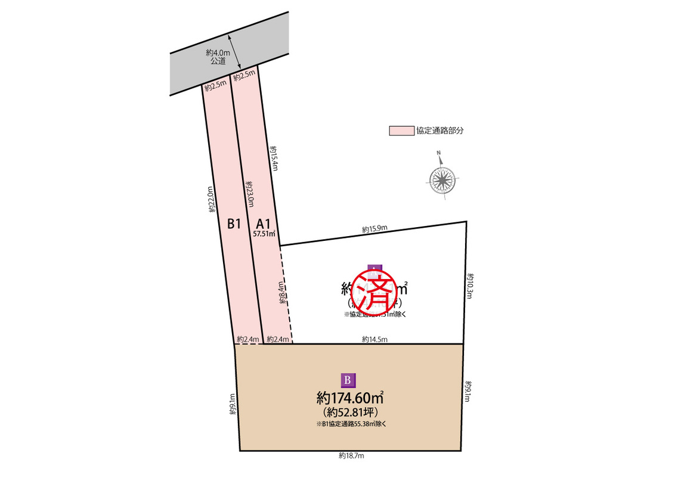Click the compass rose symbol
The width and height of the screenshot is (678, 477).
pyautogui.click(x=442, y=178)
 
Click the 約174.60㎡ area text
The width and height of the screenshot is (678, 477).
pyautogui.click(x=349, y=397)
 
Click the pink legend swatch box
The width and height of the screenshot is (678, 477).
pyautogui.click(x=401, y=131)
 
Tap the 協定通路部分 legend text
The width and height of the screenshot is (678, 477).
pyautogui.click(x=440, y=131)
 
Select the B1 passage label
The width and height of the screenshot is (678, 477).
pyautogui.click(x=234, y=224)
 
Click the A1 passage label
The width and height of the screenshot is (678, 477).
pyautogui.click(x=263, y=224)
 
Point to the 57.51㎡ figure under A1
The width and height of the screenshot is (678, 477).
pyautogui.click(x=264, y=234)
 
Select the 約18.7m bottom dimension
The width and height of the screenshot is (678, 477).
pyautogui.click(x=351, y=456)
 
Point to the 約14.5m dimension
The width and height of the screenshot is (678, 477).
pyautogui.click(x=374, y=339)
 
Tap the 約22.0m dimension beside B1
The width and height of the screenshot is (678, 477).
pyautogui.click(x=210, y=199)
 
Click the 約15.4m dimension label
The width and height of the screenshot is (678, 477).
pyautogui.click(x=274, y=157)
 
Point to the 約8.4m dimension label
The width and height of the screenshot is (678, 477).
pyautogui.click(x=282, y=294)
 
